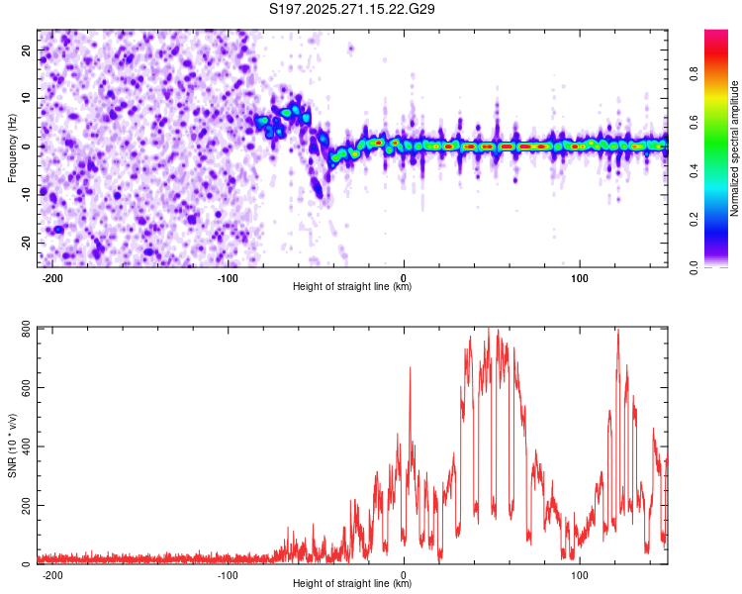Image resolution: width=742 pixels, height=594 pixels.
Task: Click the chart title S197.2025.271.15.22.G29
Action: (352, 9)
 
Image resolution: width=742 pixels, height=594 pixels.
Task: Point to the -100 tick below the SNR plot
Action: (228, 574)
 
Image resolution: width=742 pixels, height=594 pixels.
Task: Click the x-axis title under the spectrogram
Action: (352, 287)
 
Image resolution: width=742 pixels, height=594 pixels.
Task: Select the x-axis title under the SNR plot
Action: (352, 584)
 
